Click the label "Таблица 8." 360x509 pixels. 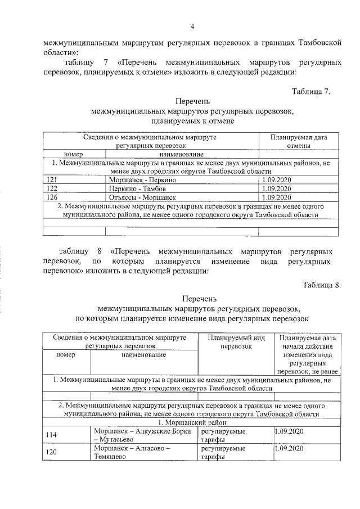coord(321,285)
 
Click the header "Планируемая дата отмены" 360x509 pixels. coord(299,141)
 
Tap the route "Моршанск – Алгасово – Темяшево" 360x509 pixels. coord(132,453)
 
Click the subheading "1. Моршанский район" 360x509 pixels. coord(192,422)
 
